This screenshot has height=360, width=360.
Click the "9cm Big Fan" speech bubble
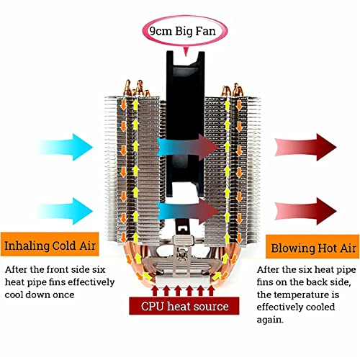click(185, 31)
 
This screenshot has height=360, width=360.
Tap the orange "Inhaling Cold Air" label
click(50, 244)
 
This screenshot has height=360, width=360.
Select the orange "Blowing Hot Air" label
click(312, 246)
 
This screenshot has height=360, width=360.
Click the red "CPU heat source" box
click(184, 306)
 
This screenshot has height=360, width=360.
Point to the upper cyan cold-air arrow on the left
click(65, 147)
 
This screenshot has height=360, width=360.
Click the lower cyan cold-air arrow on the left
click(65, 211)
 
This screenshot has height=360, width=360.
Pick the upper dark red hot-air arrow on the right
click(306, 147)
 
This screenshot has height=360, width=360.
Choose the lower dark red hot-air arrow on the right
click(306, 211)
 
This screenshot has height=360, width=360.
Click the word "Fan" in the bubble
click(205, 31)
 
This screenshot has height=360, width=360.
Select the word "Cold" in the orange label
click(64, 246)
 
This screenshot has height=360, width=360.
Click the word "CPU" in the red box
click(153, 306)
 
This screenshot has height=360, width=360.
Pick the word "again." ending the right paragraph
click(270, 320)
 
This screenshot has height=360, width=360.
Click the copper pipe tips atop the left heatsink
click(136, 89)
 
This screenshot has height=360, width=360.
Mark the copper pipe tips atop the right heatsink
click(232, 90)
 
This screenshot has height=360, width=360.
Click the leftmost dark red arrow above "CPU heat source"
click(155, 290)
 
